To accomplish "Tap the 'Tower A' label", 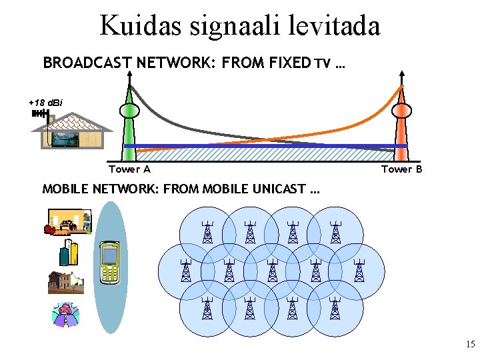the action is click(129, 169).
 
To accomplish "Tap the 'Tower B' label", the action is click(401, 169).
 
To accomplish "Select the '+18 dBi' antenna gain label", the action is click(45, 103).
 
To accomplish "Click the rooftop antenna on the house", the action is click(40, 114).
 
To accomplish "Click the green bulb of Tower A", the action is click(128, 110).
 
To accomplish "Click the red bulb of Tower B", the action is click(401, 110).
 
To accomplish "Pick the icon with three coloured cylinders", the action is click(69, 253).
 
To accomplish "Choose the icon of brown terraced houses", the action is click(66, 282).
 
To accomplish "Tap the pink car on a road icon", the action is click(66, 313).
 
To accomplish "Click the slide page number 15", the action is click(471, 345).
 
